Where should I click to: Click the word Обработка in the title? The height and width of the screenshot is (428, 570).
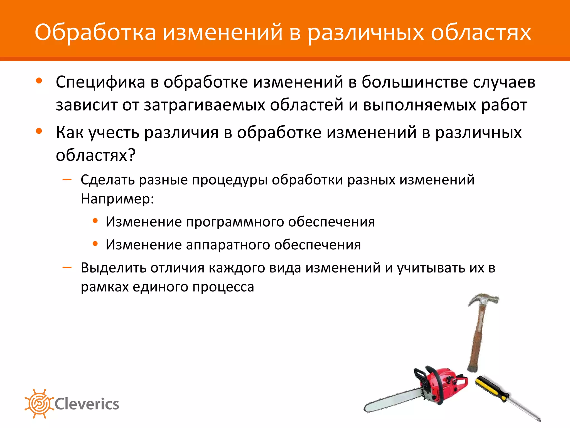pyautogui.click(x=95, y=33)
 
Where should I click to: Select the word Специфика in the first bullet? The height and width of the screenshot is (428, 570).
pyautogui.click(x=100, y=82)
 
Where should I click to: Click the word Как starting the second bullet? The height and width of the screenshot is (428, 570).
pyautogui.click(x=70, y=132)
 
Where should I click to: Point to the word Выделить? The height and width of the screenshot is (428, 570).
pyautogui.click(x=113, y=268)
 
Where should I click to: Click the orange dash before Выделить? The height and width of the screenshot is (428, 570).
pyautogui.click(x=67, y=268)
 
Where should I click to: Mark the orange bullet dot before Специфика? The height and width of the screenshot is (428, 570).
pyautogui.click(x=39, y=81)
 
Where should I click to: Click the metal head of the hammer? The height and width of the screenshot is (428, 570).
pyautogui.click(x=483, y=300)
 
